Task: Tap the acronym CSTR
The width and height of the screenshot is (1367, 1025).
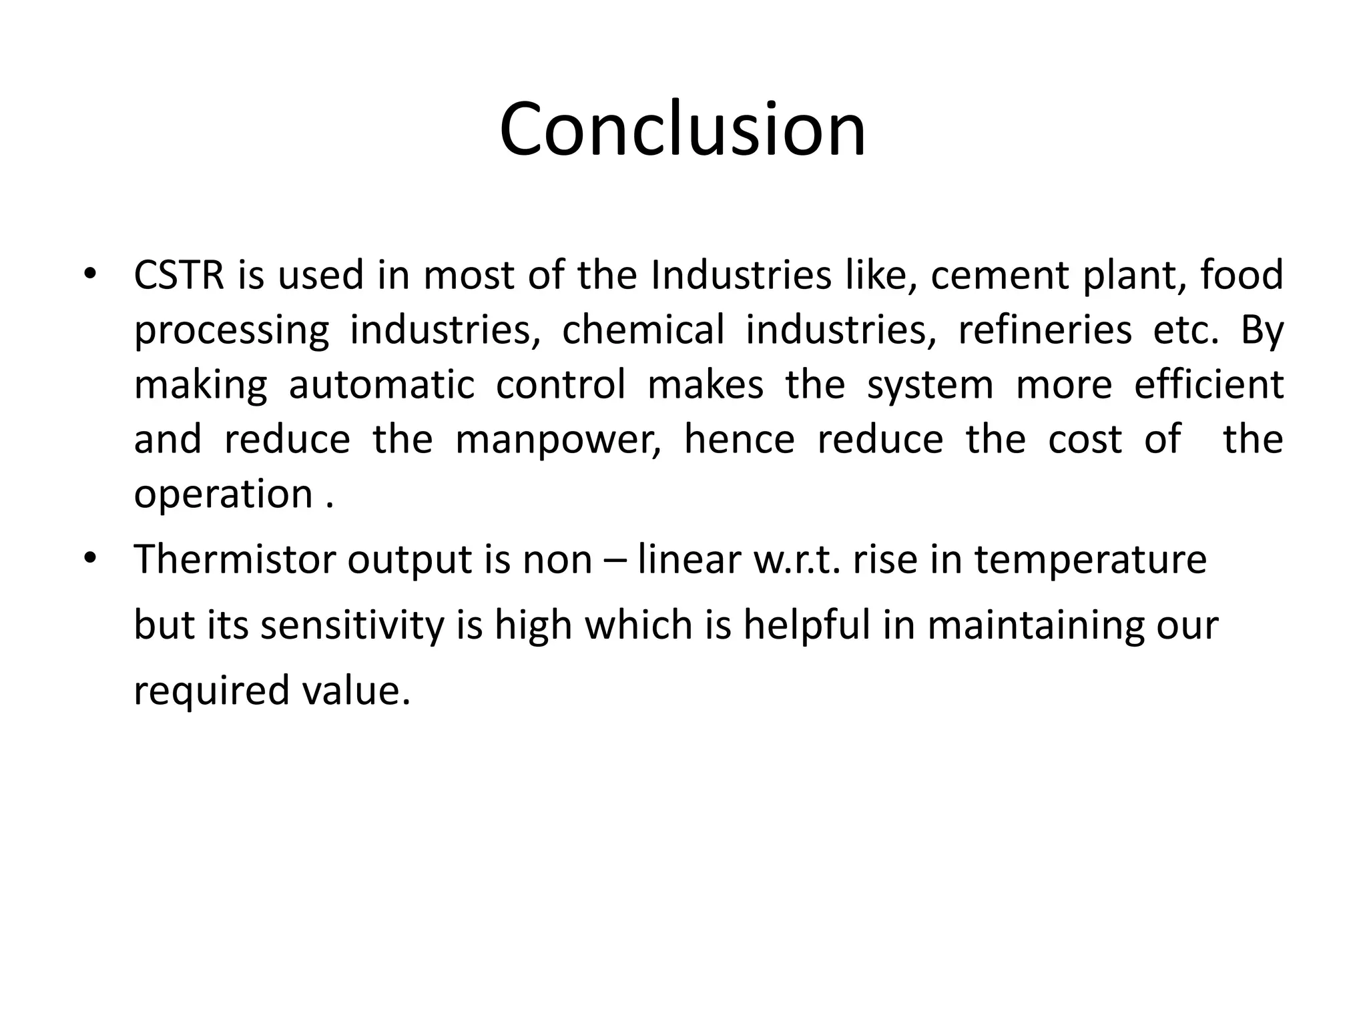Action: [x=179, y=275]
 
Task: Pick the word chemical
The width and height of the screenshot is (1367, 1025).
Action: [x=643, y=330]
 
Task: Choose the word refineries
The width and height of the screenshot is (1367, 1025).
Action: [x=1045, y=330]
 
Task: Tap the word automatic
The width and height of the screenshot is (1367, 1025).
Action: [x=381, y=384]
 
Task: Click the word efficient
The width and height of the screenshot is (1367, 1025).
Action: [x=1209, y=384]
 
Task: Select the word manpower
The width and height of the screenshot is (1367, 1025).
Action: [x=558, y=440]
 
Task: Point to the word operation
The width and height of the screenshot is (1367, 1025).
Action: [x=224, y=495]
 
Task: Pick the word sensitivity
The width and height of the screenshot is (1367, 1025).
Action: [x=352, y=625]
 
